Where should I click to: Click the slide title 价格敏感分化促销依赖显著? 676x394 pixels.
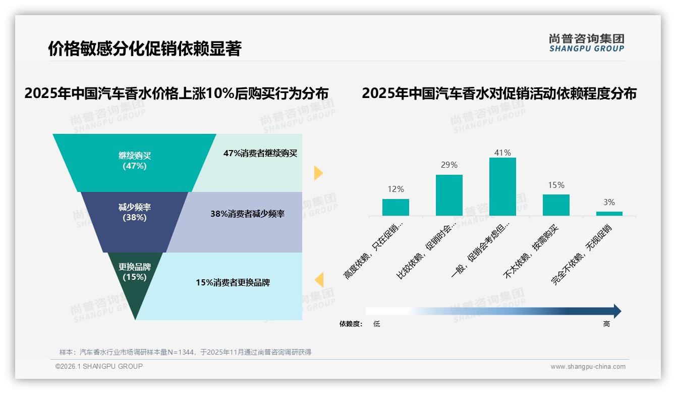[x=145, y=48]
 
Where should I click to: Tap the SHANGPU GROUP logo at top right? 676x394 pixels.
[x=586, y=43]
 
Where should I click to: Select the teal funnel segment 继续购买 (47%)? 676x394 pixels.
[x=134, y=161]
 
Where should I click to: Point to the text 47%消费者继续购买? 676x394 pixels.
[x=260, y=153]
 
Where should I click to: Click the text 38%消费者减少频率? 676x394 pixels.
[x=247, y=214]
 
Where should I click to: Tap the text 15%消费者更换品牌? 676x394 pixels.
[x=233, y=282]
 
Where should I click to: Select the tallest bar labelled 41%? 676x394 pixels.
[x=502, y=186]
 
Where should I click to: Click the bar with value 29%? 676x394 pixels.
[x=449, y=195]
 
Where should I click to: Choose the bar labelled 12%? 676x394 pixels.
[x=396, y=207]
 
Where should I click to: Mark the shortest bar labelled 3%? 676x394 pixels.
[x=609, y=214]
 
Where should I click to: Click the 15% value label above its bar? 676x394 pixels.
[x=556, y=185]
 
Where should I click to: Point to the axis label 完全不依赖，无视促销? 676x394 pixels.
[x=581, y=255]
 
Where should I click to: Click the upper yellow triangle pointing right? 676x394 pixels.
[x=318, y=173]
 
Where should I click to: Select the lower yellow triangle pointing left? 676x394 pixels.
[x=319, y=280]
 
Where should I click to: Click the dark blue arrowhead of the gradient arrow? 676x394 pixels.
[x=616, y=311]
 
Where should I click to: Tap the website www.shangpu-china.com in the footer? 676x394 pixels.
[x=588, y=367]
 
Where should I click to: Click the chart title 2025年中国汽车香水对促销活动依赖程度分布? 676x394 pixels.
[x=499, y=93]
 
